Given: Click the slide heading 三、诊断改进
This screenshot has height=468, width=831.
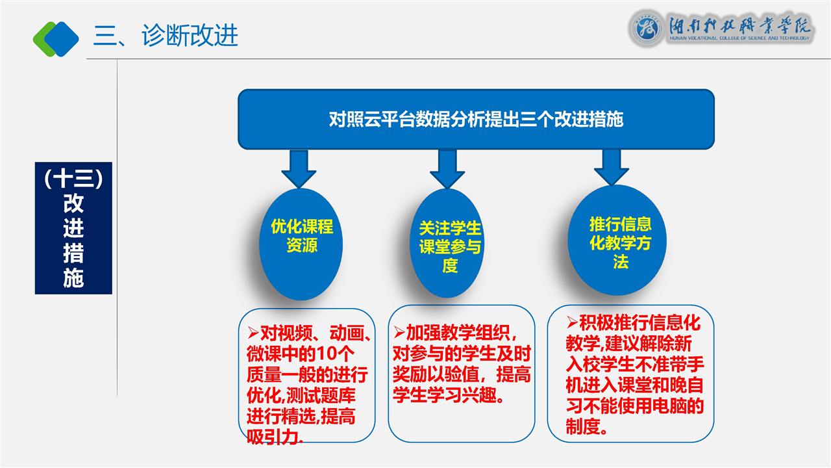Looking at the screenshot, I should coord(166,36).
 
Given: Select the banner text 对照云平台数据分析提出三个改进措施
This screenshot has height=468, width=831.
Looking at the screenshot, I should coord(476,120).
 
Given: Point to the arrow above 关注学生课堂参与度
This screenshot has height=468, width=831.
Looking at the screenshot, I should coord(447,168).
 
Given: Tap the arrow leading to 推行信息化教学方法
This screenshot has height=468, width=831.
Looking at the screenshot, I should coord(612,167).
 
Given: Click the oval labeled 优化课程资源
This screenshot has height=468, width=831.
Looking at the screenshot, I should coord(301,244).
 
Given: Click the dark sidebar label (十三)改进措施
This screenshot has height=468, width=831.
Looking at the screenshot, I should coord(73,228).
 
